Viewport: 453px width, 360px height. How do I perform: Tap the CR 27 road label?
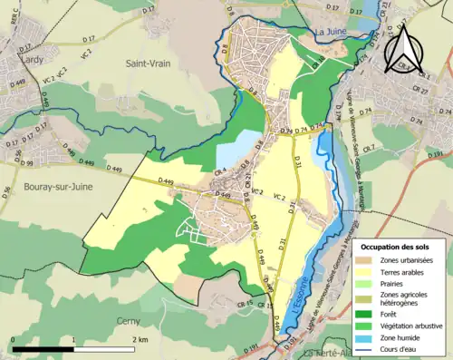coord(420,91)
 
